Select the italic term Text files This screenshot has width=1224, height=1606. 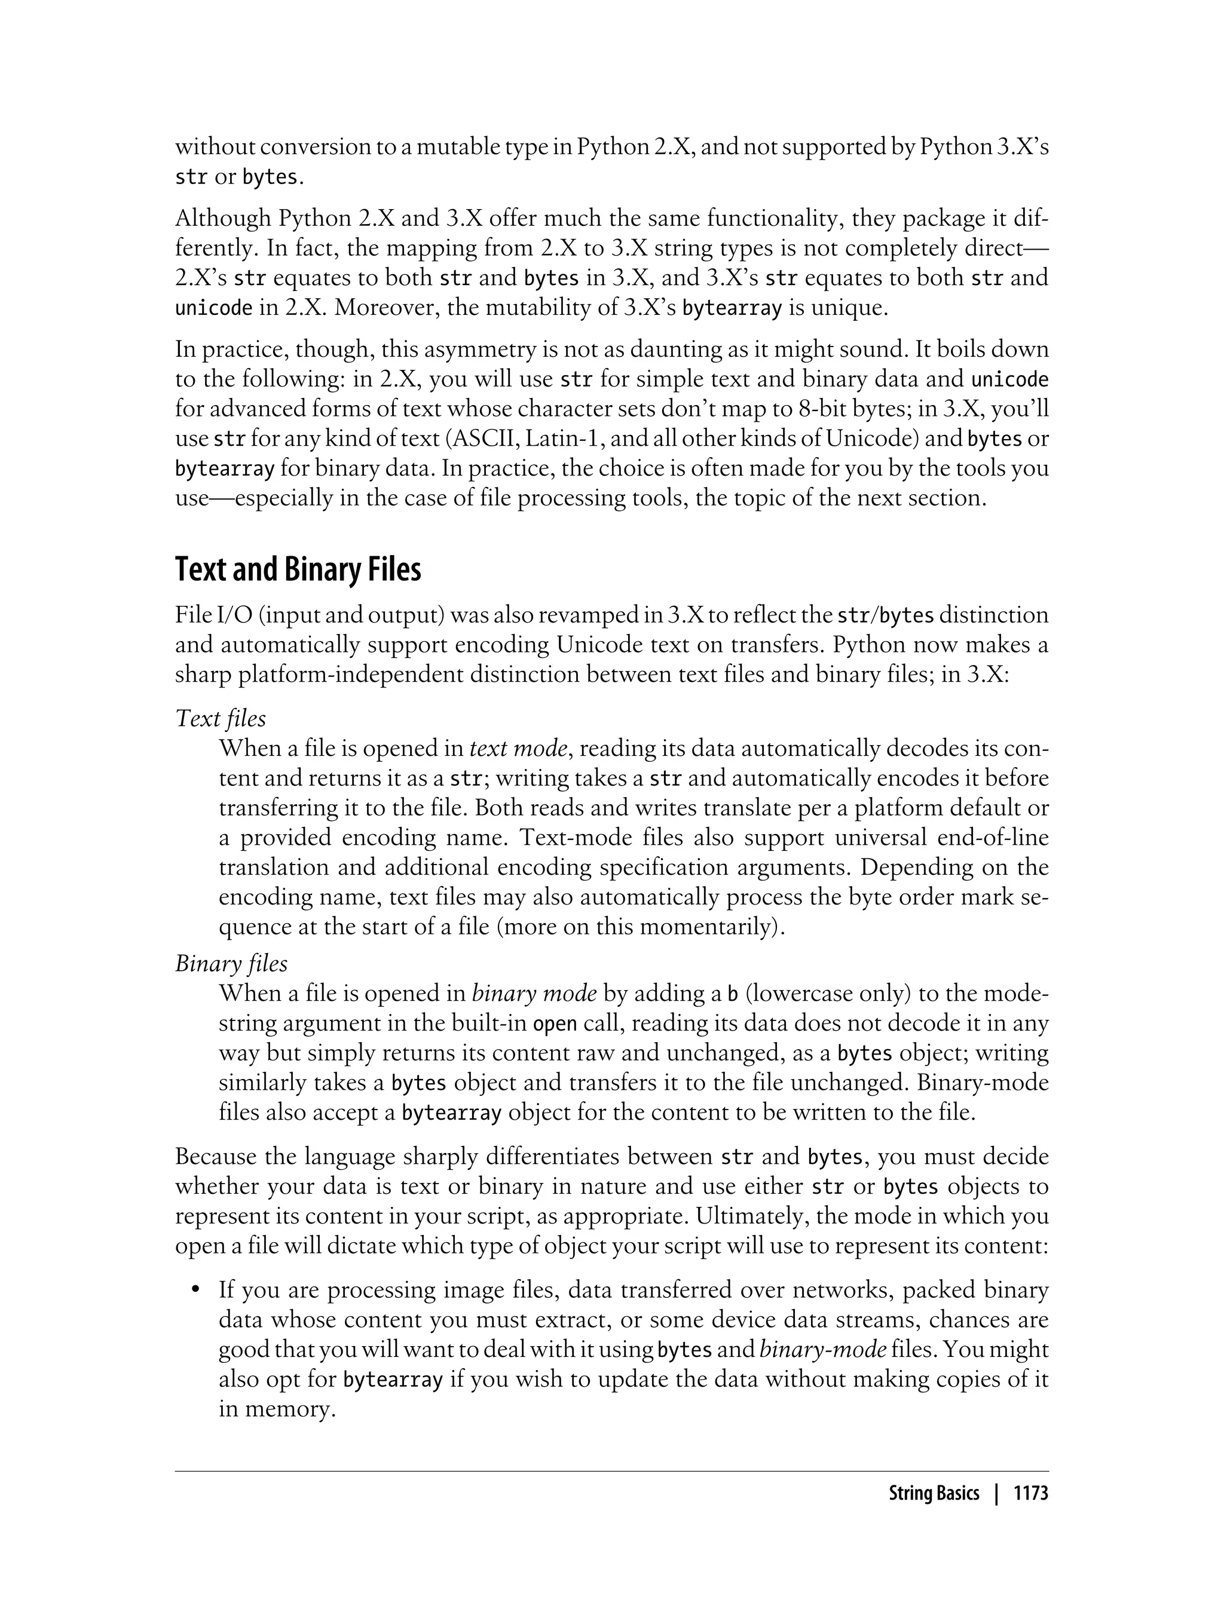(221, 719)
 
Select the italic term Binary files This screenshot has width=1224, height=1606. (232, 964)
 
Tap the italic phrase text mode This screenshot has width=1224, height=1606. (518, 749)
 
